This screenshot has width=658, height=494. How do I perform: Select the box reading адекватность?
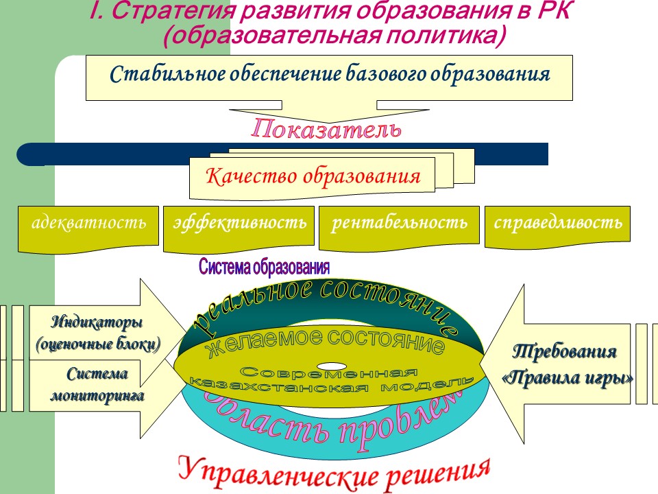[x=88, y=224]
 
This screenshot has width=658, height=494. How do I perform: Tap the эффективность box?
[x=239, y=224]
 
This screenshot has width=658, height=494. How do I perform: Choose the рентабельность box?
[x=400, y=224]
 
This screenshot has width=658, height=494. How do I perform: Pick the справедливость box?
[x=558, y=224]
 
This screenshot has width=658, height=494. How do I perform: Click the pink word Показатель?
[x=325, y=130]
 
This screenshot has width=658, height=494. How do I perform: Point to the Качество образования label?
[x=313, y=176]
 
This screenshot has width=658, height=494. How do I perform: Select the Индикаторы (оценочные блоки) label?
[x=98, y=332]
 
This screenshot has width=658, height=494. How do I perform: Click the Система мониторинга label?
[x=97, y=385]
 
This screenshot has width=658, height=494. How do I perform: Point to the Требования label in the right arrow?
[x=565, y=352]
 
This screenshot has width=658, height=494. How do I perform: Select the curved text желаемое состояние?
[x=325, y=340]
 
